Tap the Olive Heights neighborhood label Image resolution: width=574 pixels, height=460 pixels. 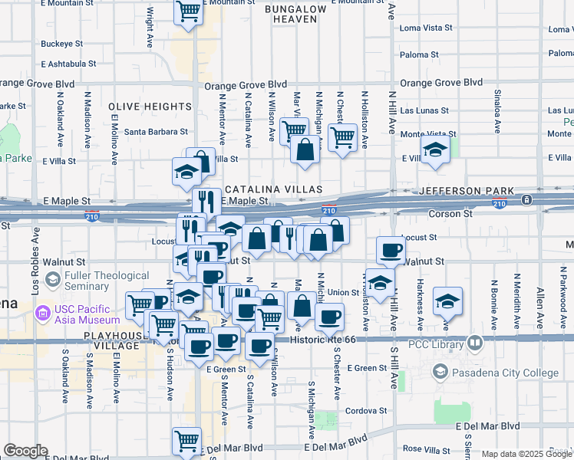(150, 107)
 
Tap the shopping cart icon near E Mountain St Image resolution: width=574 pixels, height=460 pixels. (188, 11)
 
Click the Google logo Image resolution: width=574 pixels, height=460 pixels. (25, 451)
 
